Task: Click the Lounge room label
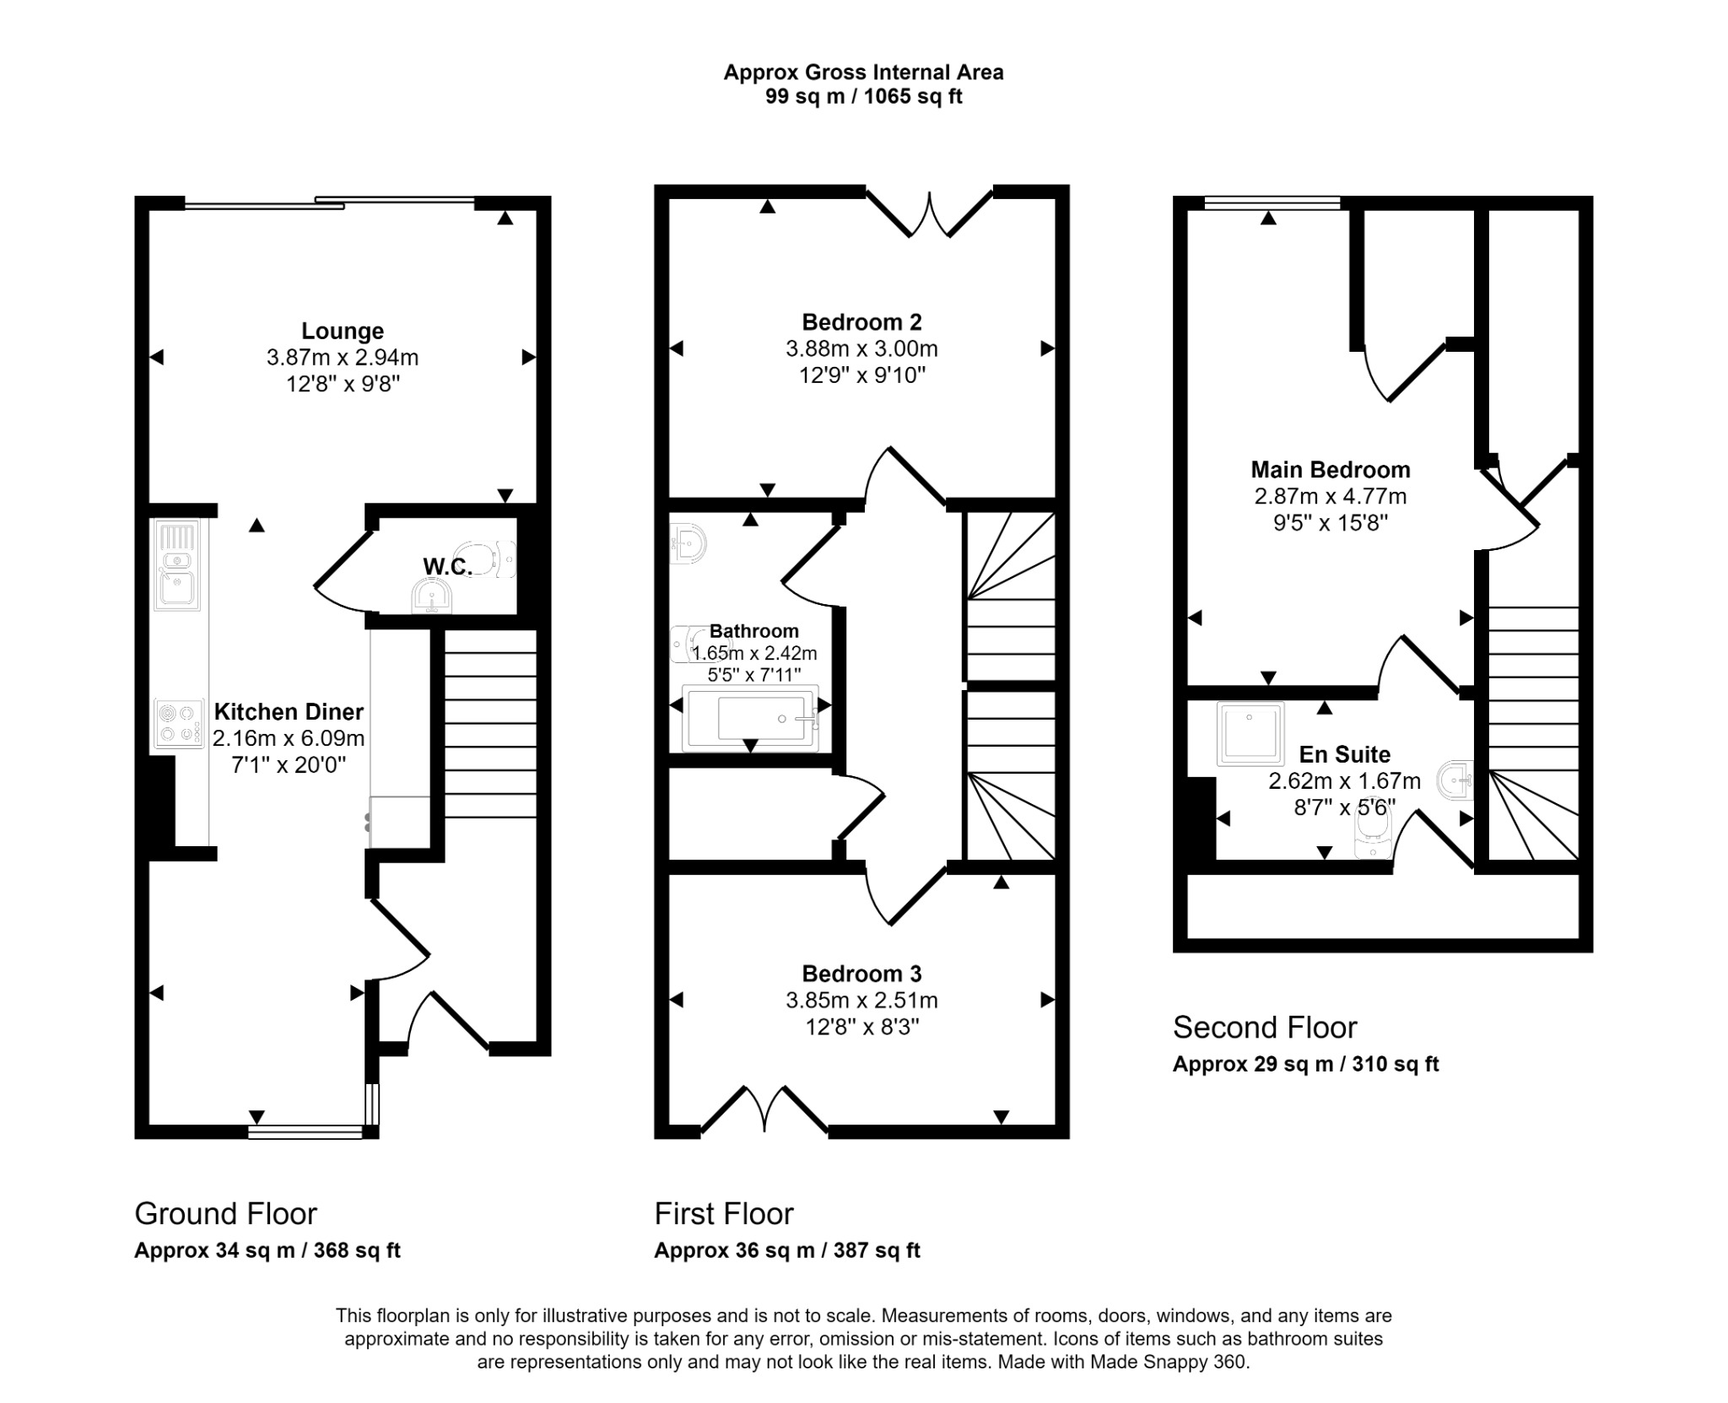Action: (343, 331)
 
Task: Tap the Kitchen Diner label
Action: (289, 711)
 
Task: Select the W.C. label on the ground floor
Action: (447, 566)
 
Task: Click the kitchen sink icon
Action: (177, 564)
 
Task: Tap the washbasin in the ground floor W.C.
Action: (431, 598)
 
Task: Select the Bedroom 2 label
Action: (861, 321)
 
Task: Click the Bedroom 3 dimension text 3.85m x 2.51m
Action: (861, 1000)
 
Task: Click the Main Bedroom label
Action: (1330, 469)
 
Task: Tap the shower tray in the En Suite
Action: (1250, 734)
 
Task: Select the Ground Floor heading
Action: (225, 1213)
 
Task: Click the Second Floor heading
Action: (1264, 1027)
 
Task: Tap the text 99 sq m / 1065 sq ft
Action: (863, 96)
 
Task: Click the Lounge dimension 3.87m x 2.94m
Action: (343, 358)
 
